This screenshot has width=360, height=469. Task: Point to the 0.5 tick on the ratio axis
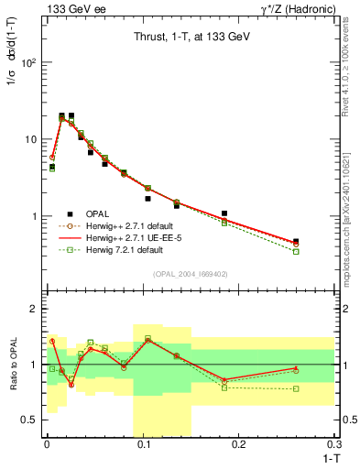30,420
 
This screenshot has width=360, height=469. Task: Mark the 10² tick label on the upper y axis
30,63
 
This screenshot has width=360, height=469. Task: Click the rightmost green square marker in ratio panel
296,388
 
